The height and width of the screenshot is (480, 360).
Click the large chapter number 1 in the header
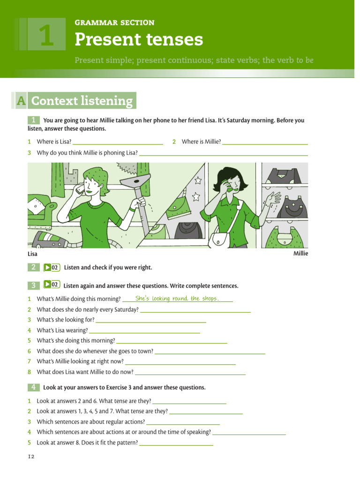point(46,37)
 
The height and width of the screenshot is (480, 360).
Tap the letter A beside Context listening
point(20,101)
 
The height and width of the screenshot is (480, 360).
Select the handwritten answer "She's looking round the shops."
point(177,299)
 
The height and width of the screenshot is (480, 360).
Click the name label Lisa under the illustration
point(32,254)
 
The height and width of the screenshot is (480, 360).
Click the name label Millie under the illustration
point(300,254)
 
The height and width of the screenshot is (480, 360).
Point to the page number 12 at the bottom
point(31,457)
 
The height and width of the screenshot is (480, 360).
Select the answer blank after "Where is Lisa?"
point(118,142)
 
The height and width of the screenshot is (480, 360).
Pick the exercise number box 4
point(34,387)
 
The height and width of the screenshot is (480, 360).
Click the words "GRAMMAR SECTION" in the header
point(114,22)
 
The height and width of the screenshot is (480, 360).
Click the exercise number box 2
point(34,268)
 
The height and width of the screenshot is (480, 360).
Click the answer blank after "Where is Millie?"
point(265,142)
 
